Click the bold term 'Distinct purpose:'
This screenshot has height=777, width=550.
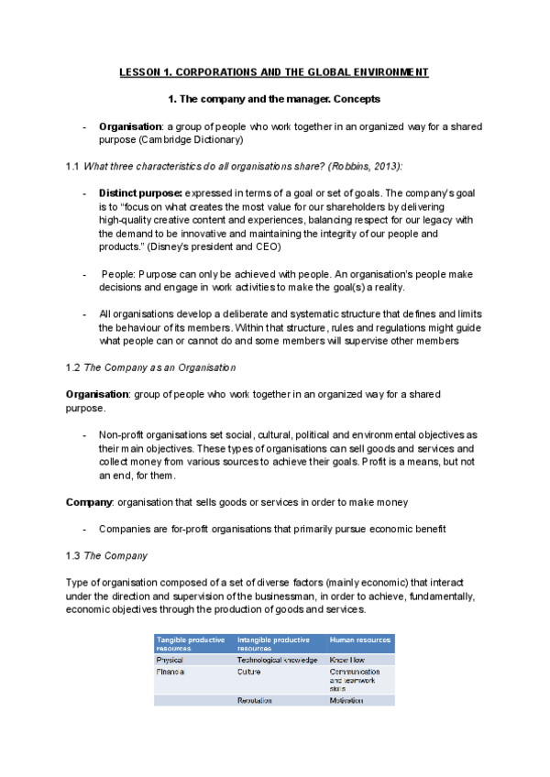pos(140,193)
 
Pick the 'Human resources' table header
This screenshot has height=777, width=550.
pos(360,640)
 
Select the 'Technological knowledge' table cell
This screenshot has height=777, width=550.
pos(277,660)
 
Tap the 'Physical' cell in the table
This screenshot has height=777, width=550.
pos(170,660)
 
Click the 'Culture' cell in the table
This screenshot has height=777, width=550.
pos(249,672)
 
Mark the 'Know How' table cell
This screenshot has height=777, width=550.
pos(347,660)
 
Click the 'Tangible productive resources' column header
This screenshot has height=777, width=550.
pos(191,643)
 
